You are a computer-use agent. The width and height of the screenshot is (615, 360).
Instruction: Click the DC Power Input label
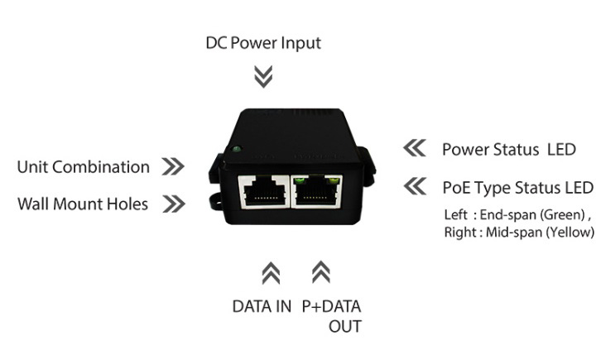[x=263, y=44]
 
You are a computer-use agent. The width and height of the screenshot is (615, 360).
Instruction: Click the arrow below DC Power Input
[x=263, y=77]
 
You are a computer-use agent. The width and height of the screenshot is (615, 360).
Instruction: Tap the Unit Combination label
[x=83, y=167]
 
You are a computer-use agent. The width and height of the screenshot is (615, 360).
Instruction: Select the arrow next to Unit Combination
[x=173, y=166]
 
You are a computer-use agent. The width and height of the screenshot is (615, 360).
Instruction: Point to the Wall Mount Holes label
[x=83, y=204]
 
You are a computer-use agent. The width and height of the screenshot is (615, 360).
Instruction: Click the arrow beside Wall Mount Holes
[x=174, y=204]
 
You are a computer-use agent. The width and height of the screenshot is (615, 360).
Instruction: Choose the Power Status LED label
[x=509, y=150]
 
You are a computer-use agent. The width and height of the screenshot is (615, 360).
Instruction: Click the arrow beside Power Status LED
[x=414, y=148]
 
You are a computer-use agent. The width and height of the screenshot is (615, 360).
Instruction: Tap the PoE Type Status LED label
[x=517, y=188]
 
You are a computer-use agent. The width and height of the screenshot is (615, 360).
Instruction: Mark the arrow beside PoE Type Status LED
[x=415, y=186]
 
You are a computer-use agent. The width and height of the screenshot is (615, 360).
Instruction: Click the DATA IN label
[x=262, y=306]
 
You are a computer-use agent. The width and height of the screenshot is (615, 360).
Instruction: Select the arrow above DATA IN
[x=271, y=273]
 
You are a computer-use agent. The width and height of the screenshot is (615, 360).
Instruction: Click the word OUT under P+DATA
[x=345, y=327]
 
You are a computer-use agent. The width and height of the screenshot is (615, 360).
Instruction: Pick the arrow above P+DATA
[x=321, y=272]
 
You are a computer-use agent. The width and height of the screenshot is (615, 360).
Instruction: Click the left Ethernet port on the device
[x=263, y=192]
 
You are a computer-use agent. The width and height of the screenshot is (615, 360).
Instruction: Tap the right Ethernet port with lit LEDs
[x=316, y=191]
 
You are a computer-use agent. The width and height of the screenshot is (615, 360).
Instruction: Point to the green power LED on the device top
[x=236, y=150]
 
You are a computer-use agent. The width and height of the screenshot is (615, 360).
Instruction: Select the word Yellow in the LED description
[x=573, y=233]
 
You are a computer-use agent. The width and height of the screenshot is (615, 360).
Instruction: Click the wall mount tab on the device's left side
[x=215, y=199]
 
